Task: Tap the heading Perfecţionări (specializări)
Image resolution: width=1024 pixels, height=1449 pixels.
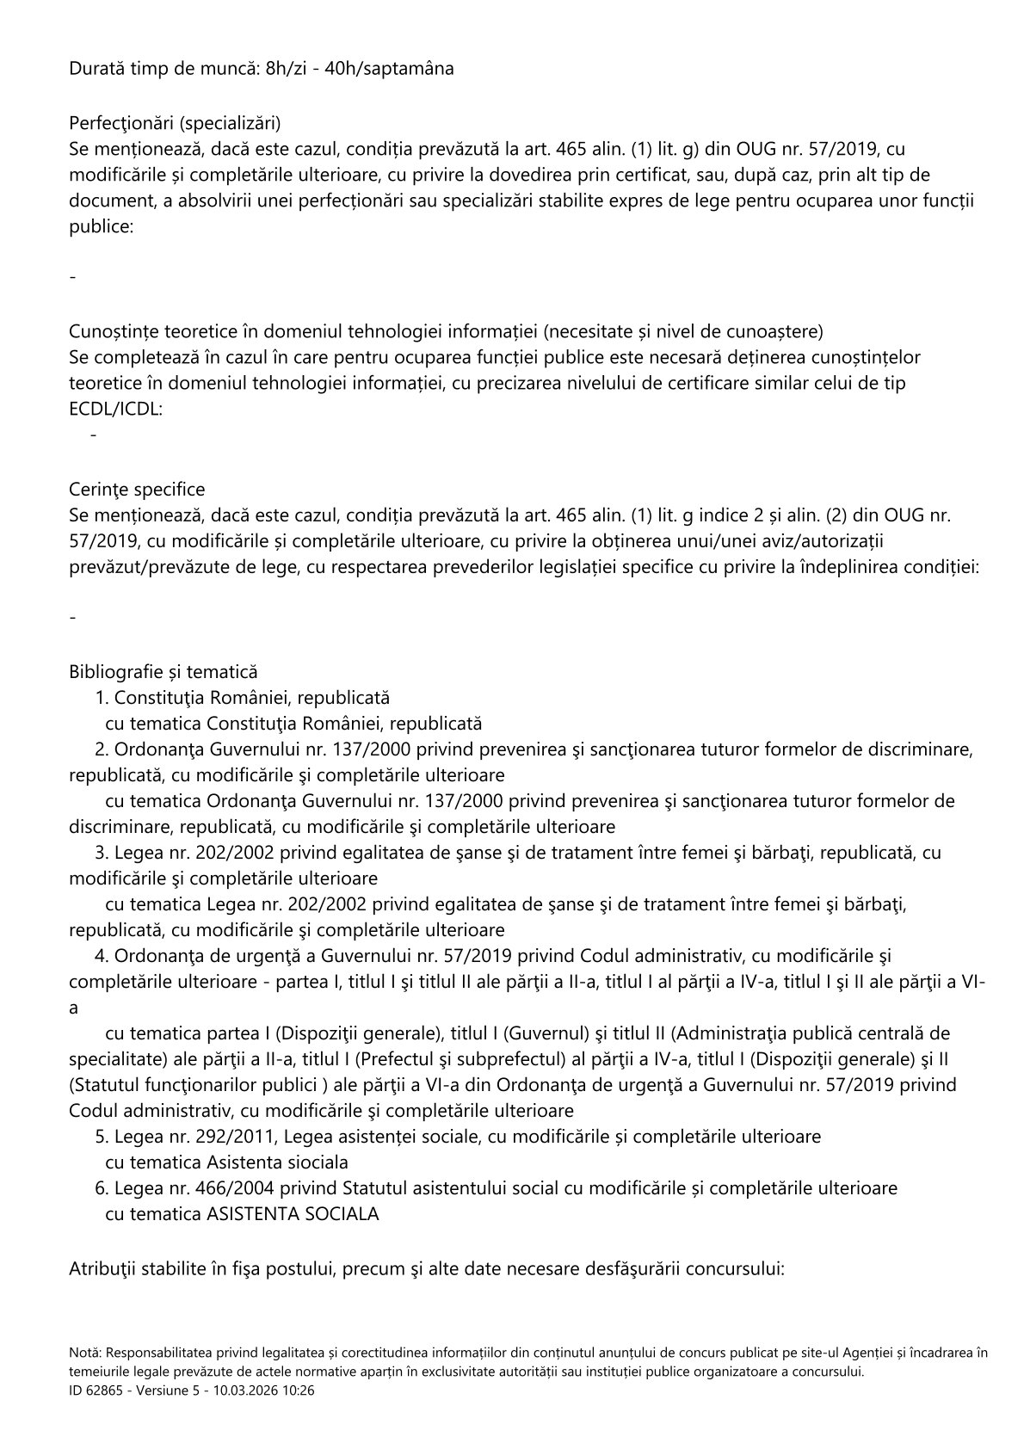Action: (175, 121)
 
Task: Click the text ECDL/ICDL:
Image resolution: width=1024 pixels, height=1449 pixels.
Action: (115, 410)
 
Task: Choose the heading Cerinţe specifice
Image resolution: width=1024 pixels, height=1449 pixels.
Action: (137, 490)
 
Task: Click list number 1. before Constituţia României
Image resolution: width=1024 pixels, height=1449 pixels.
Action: (102, 697)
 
